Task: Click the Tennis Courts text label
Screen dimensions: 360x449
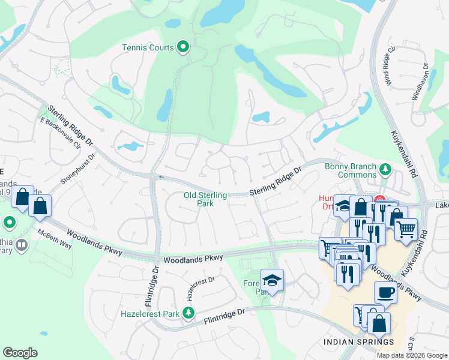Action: coord(148,47)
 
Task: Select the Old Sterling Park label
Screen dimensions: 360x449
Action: coord(206,199)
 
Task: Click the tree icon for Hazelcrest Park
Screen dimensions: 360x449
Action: coord(188,313)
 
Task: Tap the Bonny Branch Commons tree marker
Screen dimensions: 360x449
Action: coord(384,171)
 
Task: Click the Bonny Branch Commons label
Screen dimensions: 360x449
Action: coord(350,171)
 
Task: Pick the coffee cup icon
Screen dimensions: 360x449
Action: coord(385,292)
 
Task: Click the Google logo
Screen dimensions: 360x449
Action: coord(20,353)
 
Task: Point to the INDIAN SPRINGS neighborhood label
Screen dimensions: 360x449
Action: coord(359,343)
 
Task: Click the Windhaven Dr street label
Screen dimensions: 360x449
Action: coord(420,82)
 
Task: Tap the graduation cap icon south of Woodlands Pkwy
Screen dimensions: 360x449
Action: coord(272,280)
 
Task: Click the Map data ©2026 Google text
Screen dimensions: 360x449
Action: coord(412,355)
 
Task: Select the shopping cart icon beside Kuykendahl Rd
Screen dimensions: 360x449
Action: coord(406,229)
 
